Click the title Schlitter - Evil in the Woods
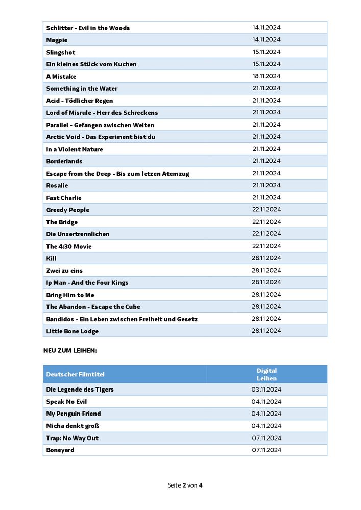tap(88, 28)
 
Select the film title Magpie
tap(57, 40)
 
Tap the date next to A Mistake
tap(267, 76)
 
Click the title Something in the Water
tap(82, 88)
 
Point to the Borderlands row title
tap(64, 161)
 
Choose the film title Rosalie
tap(57, 185)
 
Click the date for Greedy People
tap(267, 209)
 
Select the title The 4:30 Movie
tap(69, 246)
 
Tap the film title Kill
tap(51, 258)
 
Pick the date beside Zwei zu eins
tap(267, 270)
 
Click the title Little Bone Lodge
tap(72, 331)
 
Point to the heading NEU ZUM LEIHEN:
tap(70, 351)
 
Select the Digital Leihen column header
tap(267, 374)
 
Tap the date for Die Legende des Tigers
tap(267, 390)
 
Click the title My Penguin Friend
tap(74, 414)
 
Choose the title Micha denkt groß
tap(73, 426)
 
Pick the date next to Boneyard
tap(267, 450)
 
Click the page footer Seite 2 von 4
tap(185, 485)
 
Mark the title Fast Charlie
tap(64, 198)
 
